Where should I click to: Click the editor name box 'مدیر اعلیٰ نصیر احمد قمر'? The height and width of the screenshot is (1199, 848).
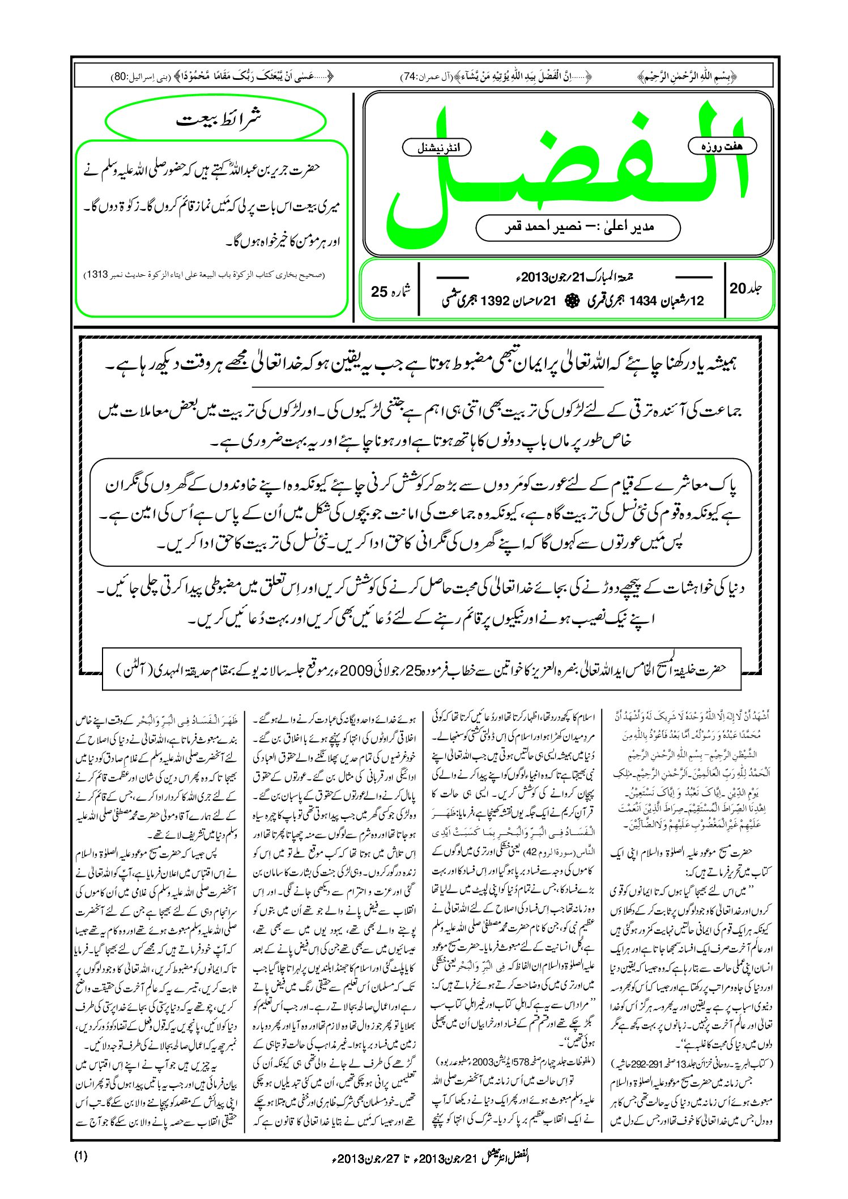578,227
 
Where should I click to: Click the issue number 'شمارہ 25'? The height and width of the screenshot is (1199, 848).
390,291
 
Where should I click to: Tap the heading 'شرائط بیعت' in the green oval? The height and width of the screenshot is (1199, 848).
216,121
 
